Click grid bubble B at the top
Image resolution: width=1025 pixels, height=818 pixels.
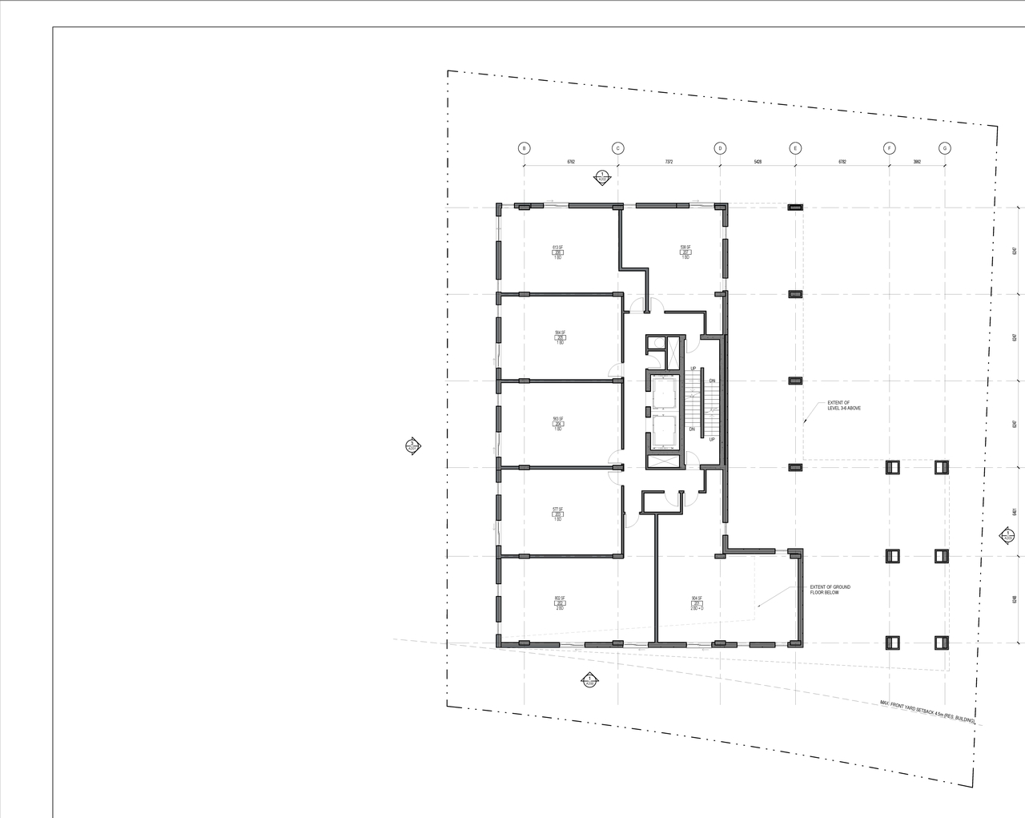pos(525,148)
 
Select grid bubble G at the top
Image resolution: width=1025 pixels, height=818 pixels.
pos(945,148)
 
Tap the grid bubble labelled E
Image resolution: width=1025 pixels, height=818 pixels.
pos(795,148)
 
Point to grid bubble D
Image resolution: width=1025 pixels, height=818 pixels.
pos(720,148)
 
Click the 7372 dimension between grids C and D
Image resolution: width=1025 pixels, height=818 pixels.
pos(669,162)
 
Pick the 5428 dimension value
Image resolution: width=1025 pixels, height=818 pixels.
pos(758,162)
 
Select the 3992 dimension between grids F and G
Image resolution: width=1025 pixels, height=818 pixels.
pos(917,162)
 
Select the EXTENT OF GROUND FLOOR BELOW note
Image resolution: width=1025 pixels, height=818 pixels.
pos(830,590)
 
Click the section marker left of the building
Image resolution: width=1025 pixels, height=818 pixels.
pos(412,446)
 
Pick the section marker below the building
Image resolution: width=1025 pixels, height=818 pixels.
pos(589,680)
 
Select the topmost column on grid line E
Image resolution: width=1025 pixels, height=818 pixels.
pos(795,208)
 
